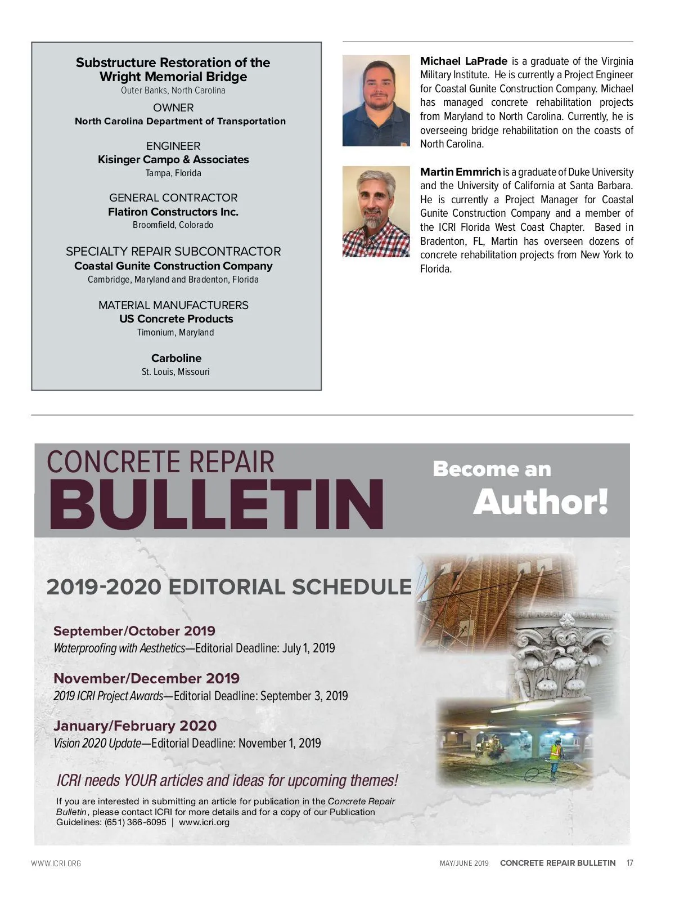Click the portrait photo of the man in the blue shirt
click(376, 100)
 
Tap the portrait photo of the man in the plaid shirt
click(376, 211)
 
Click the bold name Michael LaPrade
click(463, 61)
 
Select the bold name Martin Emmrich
click(460, 172)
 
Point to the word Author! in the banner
click(541, 502)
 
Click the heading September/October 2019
click(134, 631)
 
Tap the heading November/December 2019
click(146, 678)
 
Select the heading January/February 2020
click(135, 726)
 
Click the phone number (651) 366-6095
click(136, 822)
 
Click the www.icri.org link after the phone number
click(204, 822)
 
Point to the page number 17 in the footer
click(629, 863)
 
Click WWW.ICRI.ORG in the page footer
click(56, 863)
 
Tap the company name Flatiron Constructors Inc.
click(173, 212)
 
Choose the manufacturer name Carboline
click(176, 358)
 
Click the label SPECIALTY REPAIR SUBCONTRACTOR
click(173, 252)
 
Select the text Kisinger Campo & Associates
click(173, 159)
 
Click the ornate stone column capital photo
click(562, 656)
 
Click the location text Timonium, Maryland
click(175, 333)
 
